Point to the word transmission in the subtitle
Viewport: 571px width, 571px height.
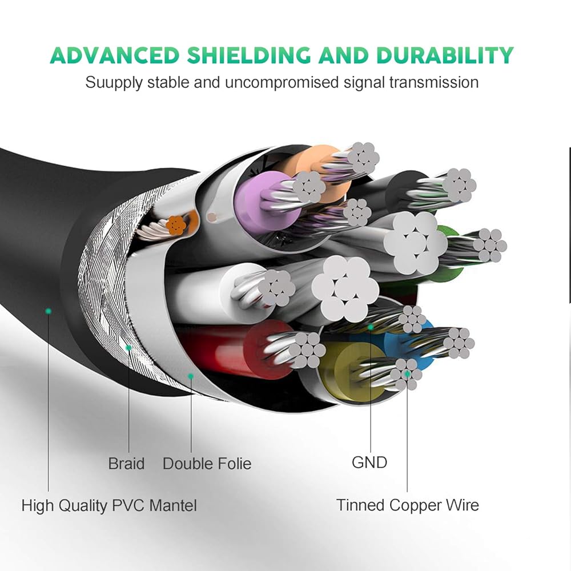click(x=433, y=82)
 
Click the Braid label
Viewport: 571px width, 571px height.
click(x=126, y=463)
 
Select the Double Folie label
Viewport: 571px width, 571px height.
click(x=207, y=463)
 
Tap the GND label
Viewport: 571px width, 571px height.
click(x=369, y=462)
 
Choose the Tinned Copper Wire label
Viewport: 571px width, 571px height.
click(x=407, y=505)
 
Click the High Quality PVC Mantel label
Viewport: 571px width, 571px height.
click(x=109, y=505)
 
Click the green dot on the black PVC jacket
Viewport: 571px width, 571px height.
click(x=49, y=311)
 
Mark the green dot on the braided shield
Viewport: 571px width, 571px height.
click(x=129, y=347)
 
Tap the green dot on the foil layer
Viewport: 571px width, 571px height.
click(x=191, y=376)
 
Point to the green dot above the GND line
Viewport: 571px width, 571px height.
click(x=371, y=327)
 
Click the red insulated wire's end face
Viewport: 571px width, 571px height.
click(x=263, y=345)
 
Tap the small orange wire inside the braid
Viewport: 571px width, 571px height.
click(x=175, y=226)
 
